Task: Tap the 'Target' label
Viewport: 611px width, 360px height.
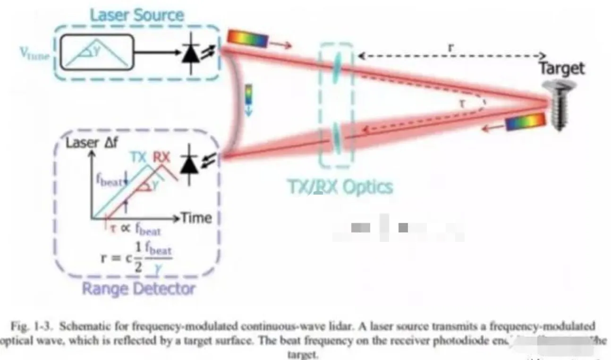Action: click(x=561, y=69)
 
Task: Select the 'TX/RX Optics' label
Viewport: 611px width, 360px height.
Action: click(x=339, y=187)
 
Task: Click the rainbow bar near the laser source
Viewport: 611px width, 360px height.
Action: click(x=247, y=38)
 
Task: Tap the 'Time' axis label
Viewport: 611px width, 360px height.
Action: click(x=196, y=218)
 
